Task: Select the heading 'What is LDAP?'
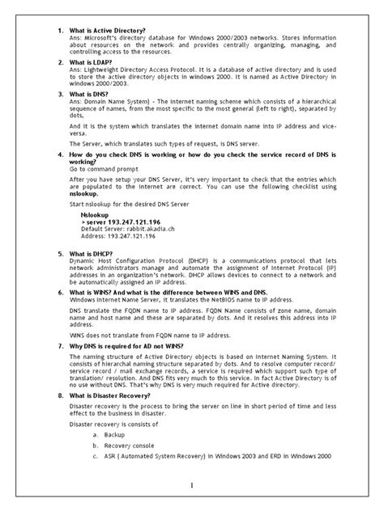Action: (x=92, y=61)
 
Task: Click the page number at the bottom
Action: (x=192, y=486)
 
